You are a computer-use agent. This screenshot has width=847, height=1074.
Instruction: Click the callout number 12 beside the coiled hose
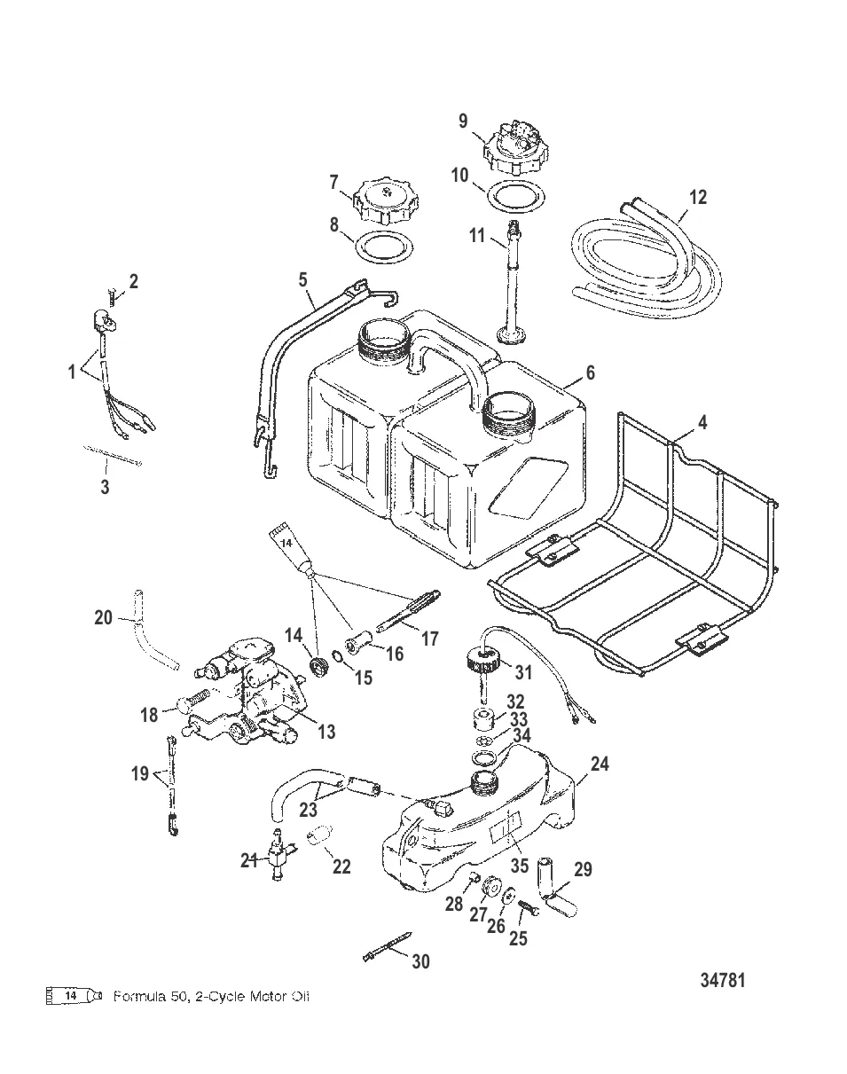[698, 197]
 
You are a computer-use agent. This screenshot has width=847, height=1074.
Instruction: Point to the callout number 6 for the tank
[590, 372]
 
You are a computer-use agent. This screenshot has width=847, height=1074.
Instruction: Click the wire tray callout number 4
[702, 422]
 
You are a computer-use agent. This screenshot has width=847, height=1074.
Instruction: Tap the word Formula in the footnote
[137, 997]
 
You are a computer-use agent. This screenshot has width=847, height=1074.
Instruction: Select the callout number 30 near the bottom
[420, 960]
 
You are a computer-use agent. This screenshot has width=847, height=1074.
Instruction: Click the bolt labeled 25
[523, 909]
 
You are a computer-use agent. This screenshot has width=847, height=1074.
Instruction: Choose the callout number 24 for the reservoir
[600, 763]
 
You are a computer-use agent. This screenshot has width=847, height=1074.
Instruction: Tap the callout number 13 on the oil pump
[326, 731]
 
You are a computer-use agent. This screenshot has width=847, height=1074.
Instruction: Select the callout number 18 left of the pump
[149, 714]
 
